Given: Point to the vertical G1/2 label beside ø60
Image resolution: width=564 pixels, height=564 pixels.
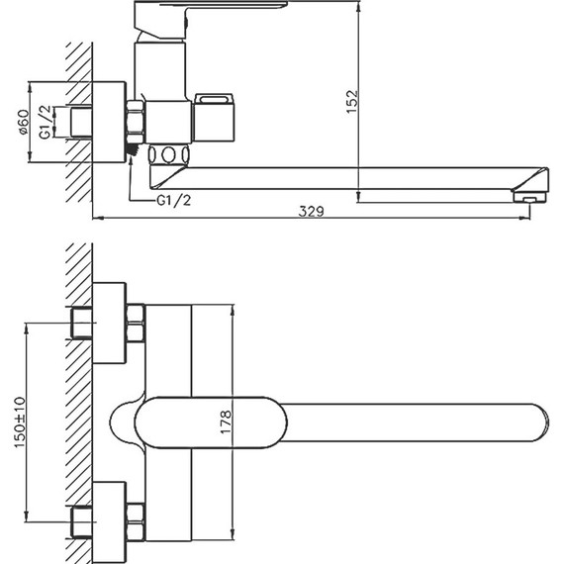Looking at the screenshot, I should pyautogui.click(x=44, y=123).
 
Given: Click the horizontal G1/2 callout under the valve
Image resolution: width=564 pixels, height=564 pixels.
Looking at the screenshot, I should pyautogui.click(x=175, y=201).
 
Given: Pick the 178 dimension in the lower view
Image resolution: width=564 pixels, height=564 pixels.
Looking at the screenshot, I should pyautogui.click(x=227, y=420).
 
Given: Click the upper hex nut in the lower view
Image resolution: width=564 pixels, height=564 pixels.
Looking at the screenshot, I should pyautogui.click(x=136, y=322).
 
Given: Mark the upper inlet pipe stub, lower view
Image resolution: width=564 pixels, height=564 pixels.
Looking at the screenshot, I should pyautogui.click(x=81, y=322).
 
